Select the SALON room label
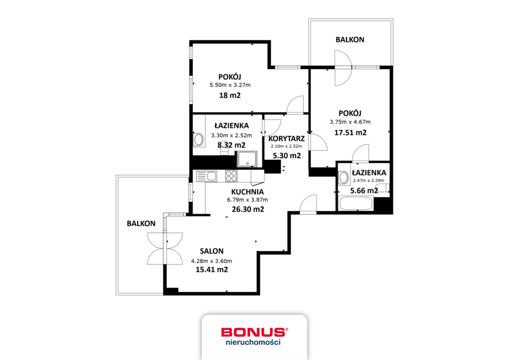point(212,251)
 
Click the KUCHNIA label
point(247,191)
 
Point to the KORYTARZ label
point(286,138)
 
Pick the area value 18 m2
point(230,95)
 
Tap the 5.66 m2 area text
point(364,190)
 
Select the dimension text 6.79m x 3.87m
point(247,200)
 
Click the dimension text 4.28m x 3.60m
point(212,261)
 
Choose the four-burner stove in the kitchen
point(231,176)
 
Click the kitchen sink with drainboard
point(207,176)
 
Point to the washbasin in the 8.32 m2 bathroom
point(198,140)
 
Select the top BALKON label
point(349,39)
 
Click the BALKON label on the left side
point(141,224)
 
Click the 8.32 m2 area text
point(232,145)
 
